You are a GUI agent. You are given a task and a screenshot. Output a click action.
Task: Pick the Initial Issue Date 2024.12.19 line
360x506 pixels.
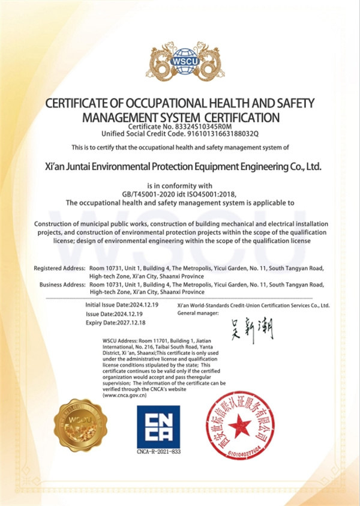point(122,306)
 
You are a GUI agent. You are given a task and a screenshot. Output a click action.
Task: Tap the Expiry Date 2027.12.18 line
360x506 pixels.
point(116,323)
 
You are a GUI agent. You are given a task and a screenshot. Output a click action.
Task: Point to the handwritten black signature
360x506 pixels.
point(252,330)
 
